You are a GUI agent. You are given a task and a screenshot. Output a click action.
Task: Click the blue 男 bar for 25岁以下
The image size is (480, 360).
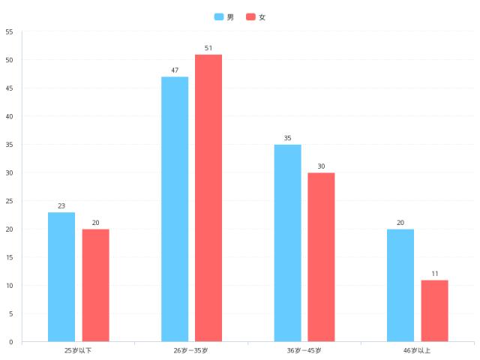[61, 277]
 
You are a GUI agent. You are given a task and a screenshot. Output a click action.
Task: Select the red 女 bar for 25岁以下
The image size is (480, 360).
[95, 285]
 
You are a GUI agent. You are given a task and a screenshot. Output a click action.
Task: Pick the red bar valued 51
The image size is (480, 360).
[208, 198]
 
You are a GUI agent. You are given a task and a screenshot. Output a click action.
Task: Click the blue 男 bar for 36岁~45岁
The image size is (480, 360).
[287, 243]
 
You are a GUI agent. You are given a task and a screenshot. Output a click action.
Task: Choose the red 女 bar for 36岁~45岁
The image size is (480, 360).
[321, 257]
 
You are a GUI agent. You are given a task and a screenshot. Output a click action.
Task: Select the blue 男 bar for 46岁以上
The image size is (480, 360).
[400, 285]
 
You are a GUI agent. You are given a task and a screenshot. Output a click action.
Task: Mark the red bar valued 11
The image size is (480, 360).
[434, 310]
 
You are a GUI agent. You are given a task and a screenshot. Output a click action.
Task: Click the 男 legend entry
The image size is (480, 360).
[224, 16]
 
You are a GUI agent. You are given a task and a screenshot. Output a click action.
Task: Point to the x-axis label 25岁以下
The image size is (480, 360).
[78, 350]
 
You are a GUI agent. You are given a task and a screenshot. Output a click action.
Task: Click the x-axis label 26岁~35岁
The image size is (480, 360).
[190, 350]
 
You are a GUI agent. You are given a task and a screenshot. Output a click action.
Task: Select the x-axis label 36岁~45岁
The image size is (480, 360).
[304, 350]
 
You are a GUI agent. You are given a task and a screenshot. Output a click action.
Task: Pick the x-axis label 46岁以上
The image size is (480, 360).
[417, 350]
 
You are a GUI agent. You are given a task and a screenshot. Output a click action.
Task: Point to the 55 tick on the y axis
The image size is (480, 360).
[9, 31]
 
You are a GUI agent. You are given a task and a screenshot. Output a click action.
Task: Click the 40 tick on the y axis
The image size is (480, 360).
[9, 116]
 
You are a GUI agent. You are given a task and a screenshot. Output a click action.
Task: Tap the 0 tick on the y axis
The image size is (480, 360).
[10, 342]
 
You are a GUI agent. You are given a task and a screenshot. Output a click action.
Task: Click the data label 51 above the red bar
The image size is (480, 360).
[208, 48]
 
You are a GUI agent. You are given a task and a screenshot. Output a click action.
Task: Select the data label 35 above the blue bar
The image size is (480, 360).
[287, 138]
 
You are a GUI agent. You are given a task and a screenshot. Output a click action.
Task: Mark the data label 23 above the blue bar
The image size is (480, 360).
[61, 205]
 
